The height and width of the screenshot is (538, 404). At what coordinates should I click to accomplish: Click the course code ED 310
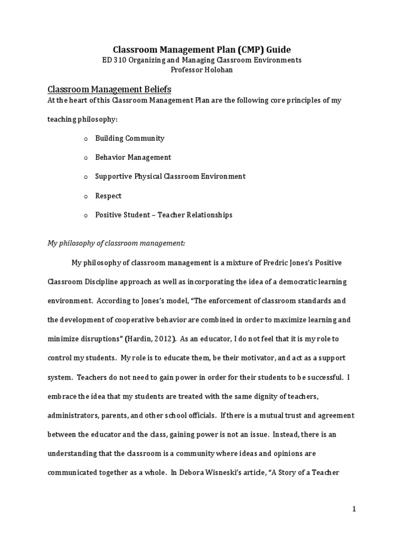click(x=113, y=60)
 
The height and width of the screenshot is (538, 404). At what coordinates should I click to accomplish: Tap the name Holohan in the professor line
click(x=217, y=69)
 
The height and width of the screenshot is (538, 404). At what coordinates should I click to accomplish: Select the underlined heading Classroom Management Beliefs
click(x=109, y=89)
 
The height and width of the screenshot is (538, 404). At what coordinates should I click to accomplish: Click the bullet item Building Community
click(x=129, y=138)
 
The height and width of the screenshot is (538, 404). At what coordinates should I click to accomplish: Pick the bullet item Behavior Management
click(x=133, y=157)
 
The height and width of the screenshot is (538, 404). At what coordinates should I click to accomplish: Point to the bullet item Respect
click(x=108, y=195)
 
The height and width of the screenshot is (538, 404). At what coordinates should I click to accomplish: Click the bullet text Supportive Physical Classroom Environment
click(x=170, y=177)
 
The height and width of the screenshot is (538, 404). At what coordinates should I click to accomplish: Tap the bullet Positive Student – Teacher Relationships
click(x=164, y=215)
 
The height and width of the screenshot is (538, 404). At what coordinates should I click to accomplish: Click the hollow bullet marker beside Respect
click(x=86, y=196)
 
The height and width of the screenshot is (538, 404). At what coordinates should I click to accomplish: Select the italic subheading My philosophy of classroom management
click(x=116, y=243)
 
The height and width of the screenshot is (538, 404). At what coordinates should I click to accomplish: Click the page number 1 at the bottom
click(x=355, y=509)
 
